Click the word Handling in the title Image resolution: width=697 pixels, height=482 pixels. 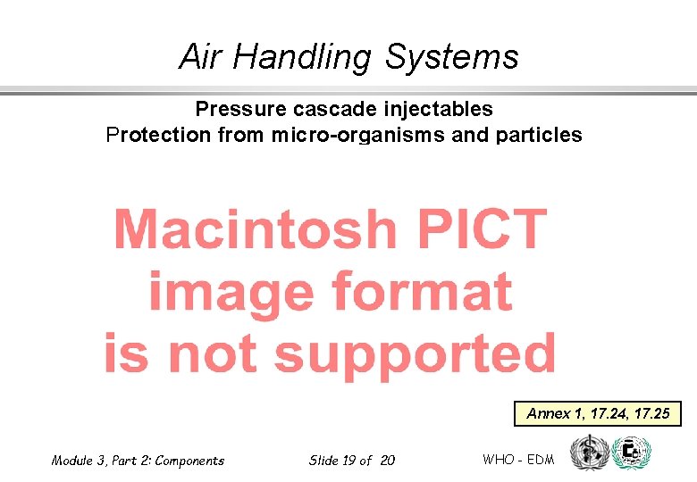(301, 58)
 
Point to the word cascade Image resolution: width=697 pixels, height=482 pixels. (335, 109)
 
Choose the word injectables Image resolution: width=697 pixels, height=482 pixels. (438, 109)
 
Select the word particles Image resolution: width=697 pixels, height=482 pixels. (539, 136)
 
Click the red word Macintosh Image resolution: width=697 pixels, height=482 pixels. (255, 229)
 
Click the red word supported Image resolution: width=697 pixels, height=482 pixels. (415, 354)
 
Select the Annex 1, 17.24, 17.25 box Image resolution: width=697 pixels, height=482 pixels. (598, 414)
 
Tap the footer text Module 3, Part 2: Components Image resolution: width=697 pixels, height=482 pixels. (138, 461)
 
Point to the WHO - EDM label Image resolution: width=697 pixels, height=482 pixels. (518, 460)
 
